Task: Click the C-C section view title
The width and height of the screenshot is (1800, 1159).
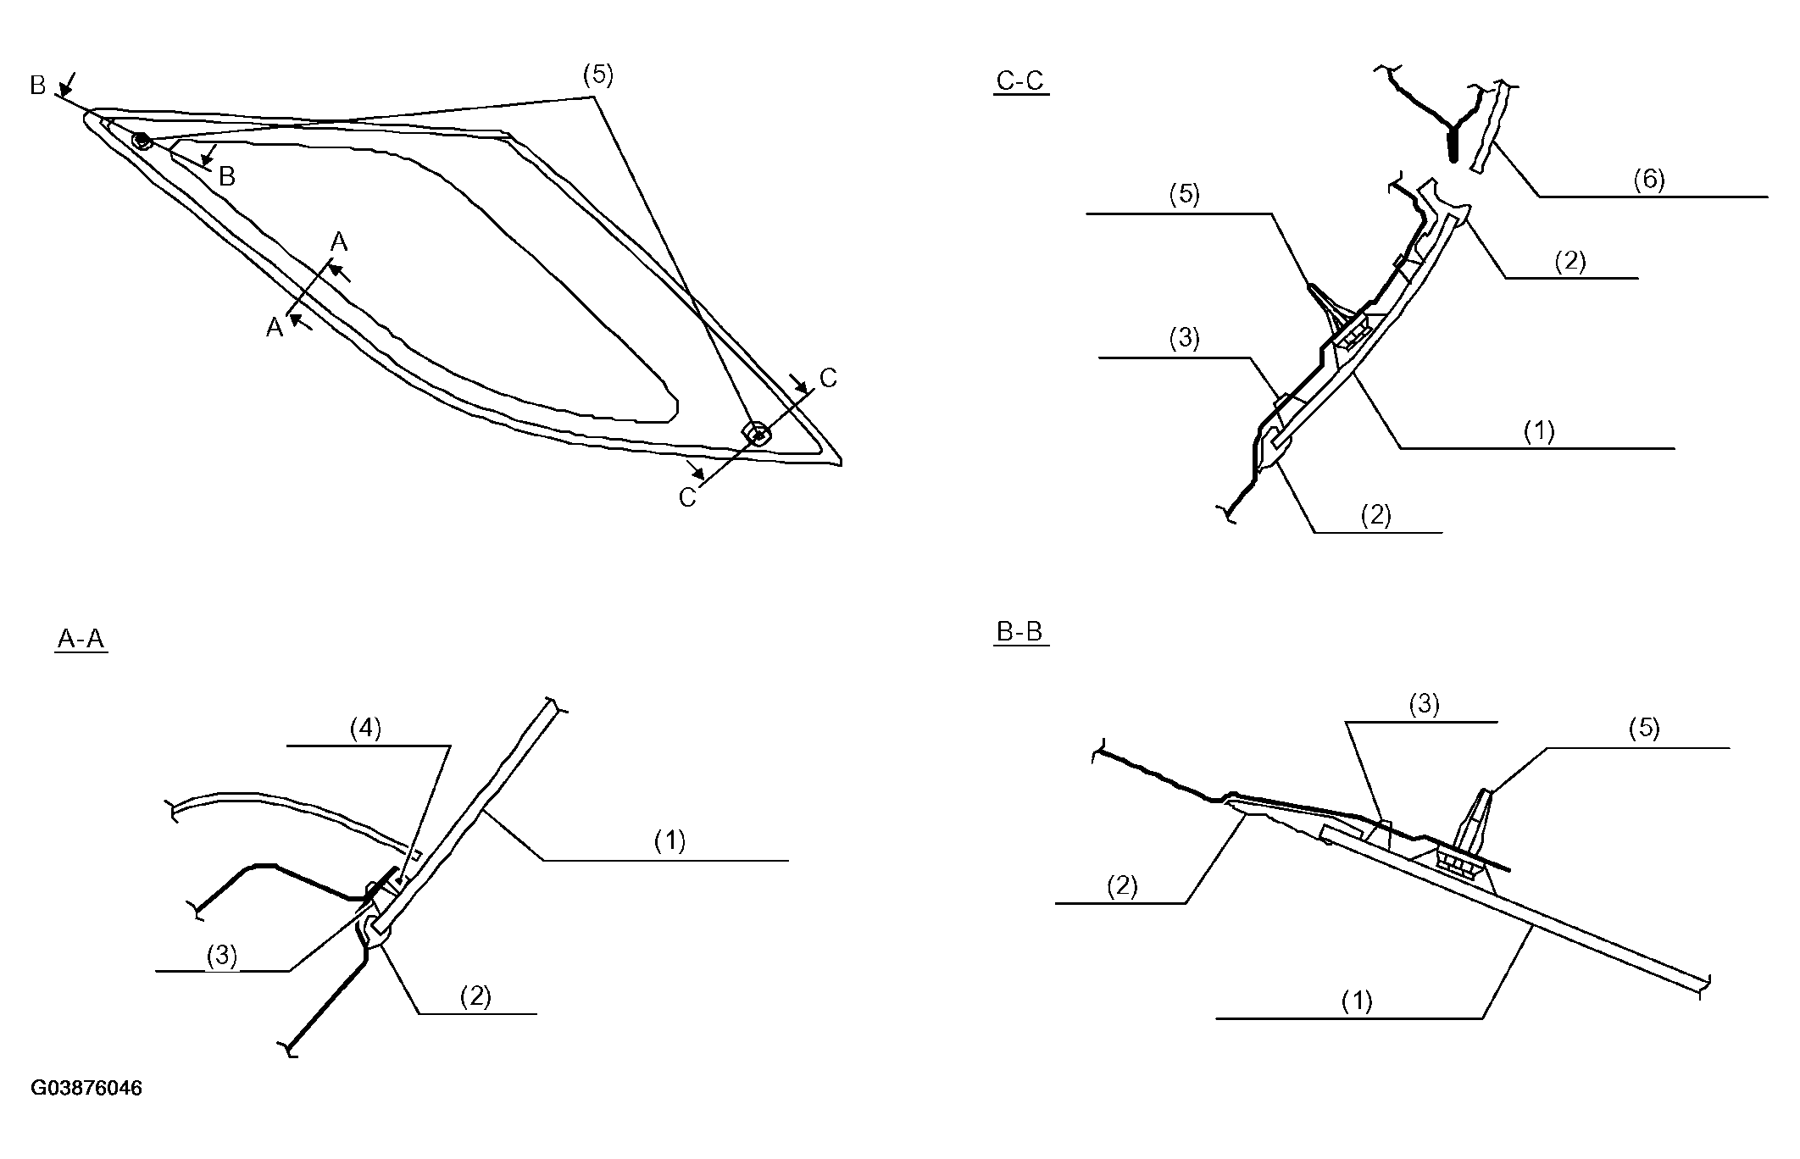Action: click(x=1019, y=81)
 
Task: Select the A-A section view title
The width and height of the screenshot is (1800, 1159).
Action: click(x=81, y=639)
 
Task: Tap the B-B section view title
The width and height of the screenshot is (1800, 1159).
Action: click(x=1019, y=632)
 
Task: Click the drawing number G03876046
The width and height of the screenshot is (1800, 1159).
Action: click(x=86, y=1088)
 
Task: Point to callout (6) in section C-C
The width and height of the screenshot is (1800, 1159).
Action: click(x=1648, y=180)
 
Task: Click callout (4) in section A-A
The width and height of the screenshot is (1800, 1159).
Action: click(x=365, y=729)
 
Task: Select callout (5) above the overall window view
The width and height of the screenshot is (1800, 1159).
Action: click(x=597, y=75)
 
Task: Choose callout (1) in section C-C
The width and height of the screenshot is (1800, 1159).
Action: click(x=1539, y=431)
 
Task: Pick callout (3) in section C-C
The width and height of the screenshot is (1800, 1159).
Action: click(x=1184, y=338)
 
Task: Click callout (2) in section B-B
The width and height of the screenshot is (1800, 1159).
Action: click(x=1122, y=886)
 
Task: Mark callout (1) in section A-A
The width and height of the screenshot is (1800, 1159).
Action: click(x=669, y=840)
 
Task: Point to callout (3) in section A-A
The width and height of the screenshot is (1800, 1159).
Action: click(x=222, y=956)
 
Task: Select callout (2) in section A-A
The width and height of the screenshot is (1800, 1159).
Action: click(x=475, y=996)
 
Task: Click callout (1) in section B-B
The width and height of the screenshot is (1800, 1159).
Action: click(x=1356, y=1001)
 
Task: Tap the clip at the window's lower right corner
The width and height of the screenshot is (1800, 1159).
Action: click(x=757, y=434)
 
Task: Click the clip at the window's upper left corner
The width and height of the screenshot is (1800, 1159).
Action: click(x=142, y=140)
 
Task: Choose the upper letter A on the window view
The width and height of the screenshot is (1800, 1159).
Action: click(x=339, y=242)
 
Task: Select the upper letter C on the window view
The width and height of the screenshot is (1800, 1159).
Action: click(x=828, y=379)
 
